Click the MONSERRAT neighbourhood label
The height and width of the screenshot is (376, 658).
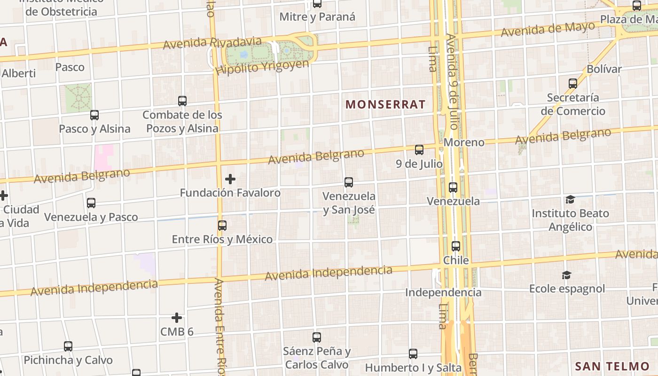click(x=385, y=104)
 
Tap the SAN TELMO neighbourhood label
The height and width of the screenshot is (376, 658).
click(x=612, y=367)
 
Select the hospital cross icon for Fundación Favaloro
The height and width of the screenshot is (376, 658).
click(x=230, y=179)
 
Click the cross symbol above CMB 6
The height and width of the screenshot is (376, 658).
click(x=177, y=318)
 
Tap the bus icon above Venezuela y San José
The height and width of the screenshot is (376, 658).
click(x=349, y=182)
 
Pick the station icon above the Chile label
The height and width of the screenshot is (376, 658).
click(x=455, y=246)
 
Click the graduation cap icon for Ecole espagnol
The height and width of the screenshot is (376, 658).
click(x=567, y=275)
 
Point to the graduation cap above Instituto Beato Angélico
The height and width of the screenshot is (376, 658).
click(x=570, y=200)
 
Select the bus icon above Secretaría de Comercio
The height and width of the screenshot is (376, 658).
click(x=573, y=84)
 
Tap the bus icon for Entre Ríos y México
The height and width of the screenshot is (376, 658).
click(x=222, y=226)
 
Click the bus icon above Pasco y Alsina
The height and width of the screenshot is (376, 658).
click(x=94, y=115)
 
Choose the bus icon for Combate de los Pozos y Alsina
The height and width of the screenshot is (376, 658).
click(x=182, y=101)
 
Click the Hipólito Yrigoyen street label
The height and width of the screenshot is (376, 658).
click(x=262, y=68)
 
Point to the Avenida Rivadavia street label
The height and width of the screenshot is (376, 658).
click(x=212, y=43)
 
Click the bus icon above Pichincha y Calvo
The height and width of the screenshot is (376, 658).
click(x=68, y=346)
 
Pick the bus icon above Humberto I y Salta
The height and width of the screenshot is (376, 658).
click(x=413, y=353)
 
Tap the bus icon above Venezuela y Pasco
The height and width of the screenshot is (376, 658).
click(x=91, y=203)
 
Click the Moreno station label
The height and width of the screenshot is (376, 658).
click(x=464, y=142)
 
